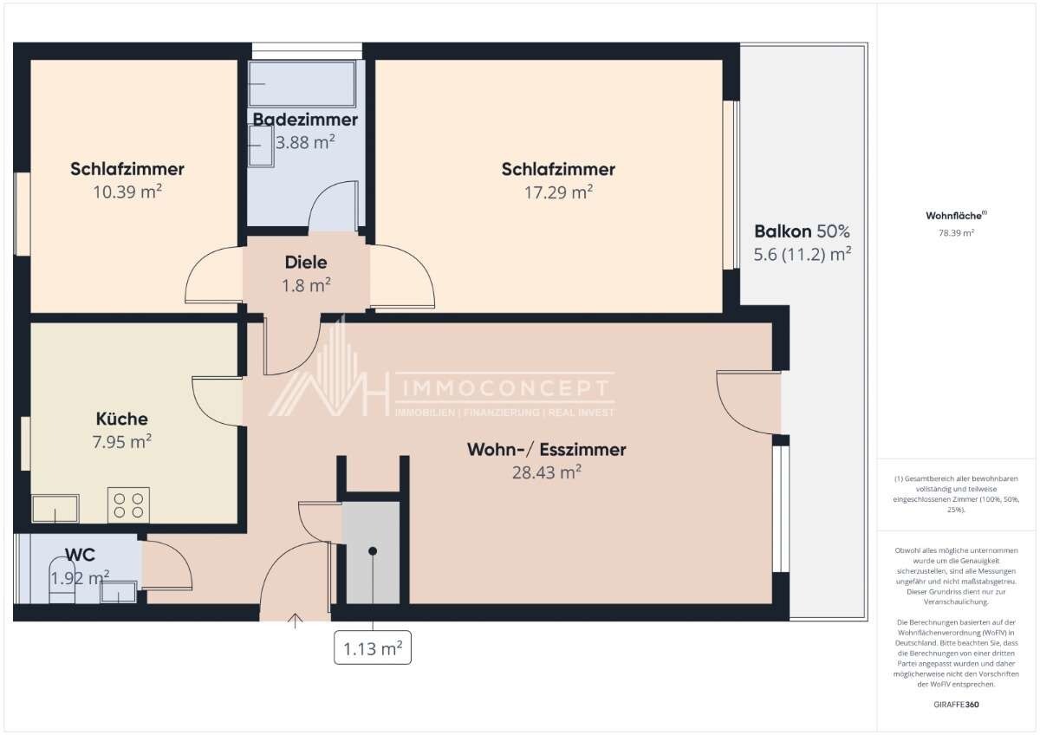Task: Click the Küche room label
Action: click(121, 419)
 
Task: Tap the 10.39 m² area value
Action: click(127, 192)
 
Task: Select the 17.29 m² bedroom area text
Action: click(558, 192)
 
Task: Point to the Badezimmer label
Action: click(305, 120)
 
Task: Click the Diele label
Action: click(306, 263)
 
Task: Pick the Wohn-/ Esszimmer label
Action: click(547, 450)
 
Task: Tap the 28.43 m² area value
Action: click(547, 472)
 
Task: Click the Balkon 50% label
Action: click(802, 231)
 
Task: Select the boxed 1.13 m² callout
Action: click(373, 647)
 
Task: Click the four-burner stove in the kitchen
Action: click(128, 505)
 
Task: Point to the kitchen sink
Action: click(55, 509)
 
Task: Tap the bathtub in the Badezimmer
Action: click(302, 84)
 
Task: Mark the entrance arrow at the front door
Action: click(295, 621)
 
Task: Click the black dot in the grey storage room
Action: click(373, 551)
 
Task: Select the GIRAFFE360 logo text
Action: click(956, 705)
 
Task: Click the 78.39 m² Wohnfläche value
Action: click(957, 233)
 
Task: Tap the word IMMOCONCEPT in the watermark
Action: click(505, 388)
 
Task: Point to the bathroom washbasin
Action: click(261, 146)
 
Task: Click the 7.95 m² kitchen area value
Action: click(121, 441)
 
